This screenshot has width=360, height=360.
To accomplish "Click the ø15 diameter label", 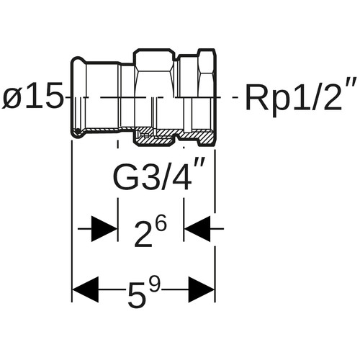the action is tap(32, 95).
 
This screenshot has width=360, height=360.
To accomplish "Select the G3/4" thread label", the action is tap(159, 176).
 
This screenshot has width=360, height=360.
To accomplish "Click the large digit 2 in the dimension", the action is tap(143, 234).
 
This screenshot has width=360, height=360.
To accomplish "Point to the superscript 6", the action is tap(160, 225).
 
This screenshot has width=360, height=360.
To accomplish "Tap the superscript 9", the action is tap(153, 284).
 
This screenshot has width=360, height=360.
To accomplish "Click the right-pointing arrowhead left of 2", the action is tap(104, 229).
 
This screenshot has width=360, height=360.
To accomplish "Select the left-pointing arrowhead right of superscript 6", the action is tap(197, 229).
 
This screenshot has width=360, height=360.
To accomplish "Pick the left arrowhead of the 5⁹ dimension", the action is tap(86, 289).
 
